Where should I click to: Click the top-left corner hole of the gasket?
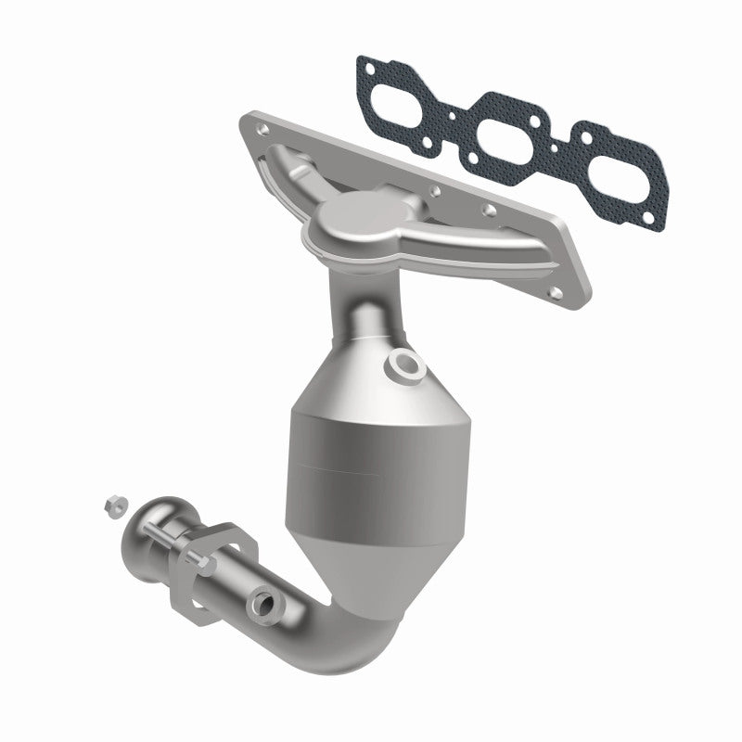[x=369, y=66]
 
